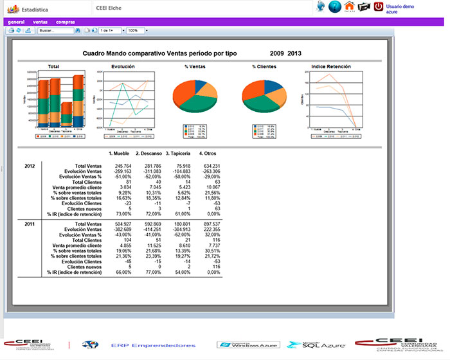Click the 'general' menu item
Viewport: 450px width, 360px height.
click(x=16, y=22)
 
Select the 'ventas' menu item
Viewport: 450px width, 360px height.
click(x=40, y=22)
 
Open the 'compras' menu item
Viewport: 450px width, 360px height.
click(x=66, y=22)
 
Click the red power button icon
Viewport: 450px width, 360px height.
click(x=379, y=7)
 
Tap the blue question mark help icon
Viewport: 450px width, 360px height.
click(x=334, y=7)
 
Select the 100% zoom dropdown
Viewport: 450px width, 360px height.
click(x=137, y=30)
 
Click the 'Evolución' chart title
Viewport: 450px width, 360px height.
click(x=123, y=66)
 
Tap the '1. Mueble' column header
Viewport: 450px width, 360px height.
click(x=120, y=154)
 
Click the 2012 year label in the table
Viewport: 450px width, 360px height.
click(x=30, y=166)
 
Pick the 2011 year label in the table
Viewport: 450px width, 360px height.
click(x=30, y=224)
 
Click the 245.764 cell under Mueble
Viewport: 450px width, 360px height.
click(x=122, y=166)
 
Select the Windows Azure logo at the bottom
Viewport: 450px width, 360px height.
click(x=248, y=345)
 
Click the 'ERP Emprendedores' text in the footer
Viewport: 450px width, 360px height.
click(x=153, y=345)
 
